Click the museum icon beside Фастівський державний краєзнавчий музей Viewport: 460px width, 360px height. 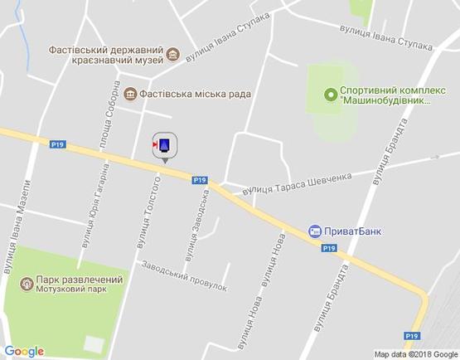coord(172,56)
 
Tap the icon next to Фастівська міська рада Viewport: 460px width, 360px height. coord(131,95)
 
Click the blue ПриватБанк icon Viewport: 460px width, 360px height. coord(314,231)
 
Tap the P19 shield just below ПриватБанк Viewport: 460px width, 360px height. coord(328,247)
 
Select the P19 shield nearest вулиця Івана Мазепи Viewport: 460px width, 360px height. coord(57,144)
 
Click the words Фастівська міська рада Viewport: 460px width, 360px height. coord(195,95)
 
